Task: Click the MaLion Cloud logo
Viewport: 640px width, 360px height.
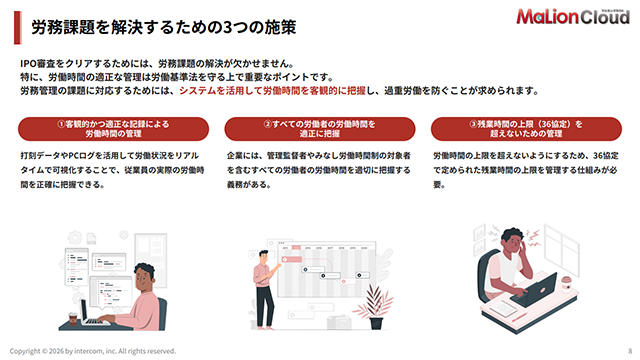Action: (x=573, y=16)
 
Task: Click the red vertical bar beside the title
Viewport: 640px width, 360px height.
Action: (x=18, y=27)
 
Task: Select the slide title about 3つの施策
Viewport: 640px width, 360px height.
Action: (x=164, y=27)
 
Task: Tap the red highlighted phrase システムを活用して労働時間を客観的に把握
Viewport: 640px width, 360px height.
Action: (x=272, y=91)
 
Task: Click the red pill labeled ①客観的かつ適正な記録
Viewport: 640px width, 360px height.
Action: (x=113, y=129)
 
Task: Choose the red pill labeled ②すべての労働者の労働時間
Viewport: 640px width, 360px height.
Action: (x=320, y=129)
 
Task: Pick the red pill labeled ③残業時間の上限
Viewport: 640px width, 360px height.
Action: (x=526, y=129)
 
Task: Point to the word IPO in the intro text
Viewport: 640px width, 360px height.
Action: (x=28, y=64)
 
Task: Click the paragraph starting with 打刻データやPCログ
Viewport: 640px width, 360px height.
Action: (x=112, y=170)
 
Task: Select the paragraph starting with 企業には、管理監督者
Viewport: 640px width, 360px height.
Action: (x=319, y=170)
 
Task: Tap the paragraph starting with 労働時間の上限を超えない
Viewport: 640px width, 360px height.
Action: (x=526, y=170)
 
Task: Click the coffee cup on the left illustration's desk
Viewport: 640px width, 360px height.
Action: (x=73, y=319)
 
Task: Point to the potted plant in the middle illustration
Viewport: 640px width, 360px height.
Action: (x=374, y=306)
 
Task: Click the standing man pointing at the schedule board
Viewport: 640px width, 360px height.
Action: (x=265, y=289)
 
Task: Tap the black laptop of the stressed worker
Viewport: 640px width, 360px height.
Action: (x=535, y=291)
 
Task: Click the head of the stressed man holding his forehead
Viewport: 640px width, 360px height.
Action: (x=513, y=241)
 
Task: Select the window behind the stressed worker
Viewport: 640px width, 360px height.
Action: (x=561, y=249)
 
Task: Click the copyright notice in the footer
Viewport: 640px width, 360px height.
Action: (x=93, y=351)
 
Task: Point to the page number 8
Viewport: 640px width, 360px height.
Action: (x=630, y=351)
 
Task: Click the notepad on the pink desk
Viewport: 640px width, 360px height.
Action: (x=503, y=308)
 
